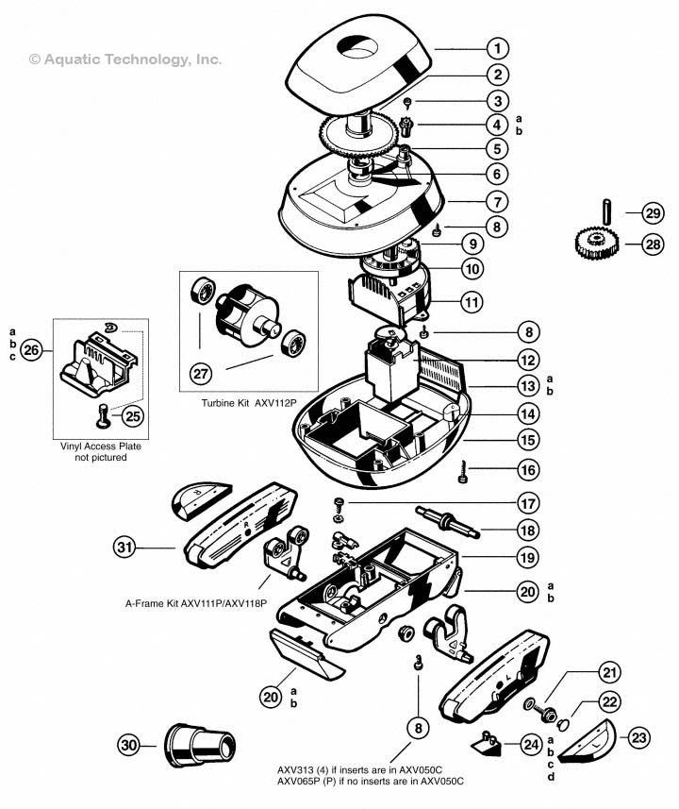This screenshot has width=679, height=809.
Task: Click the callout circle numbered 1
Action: [498, 47]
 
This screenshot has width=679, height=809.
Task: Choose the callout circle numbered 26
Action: [33, 350]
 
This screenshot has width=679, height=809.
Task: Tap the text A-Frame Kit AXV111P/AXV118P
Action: [195, 602]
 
